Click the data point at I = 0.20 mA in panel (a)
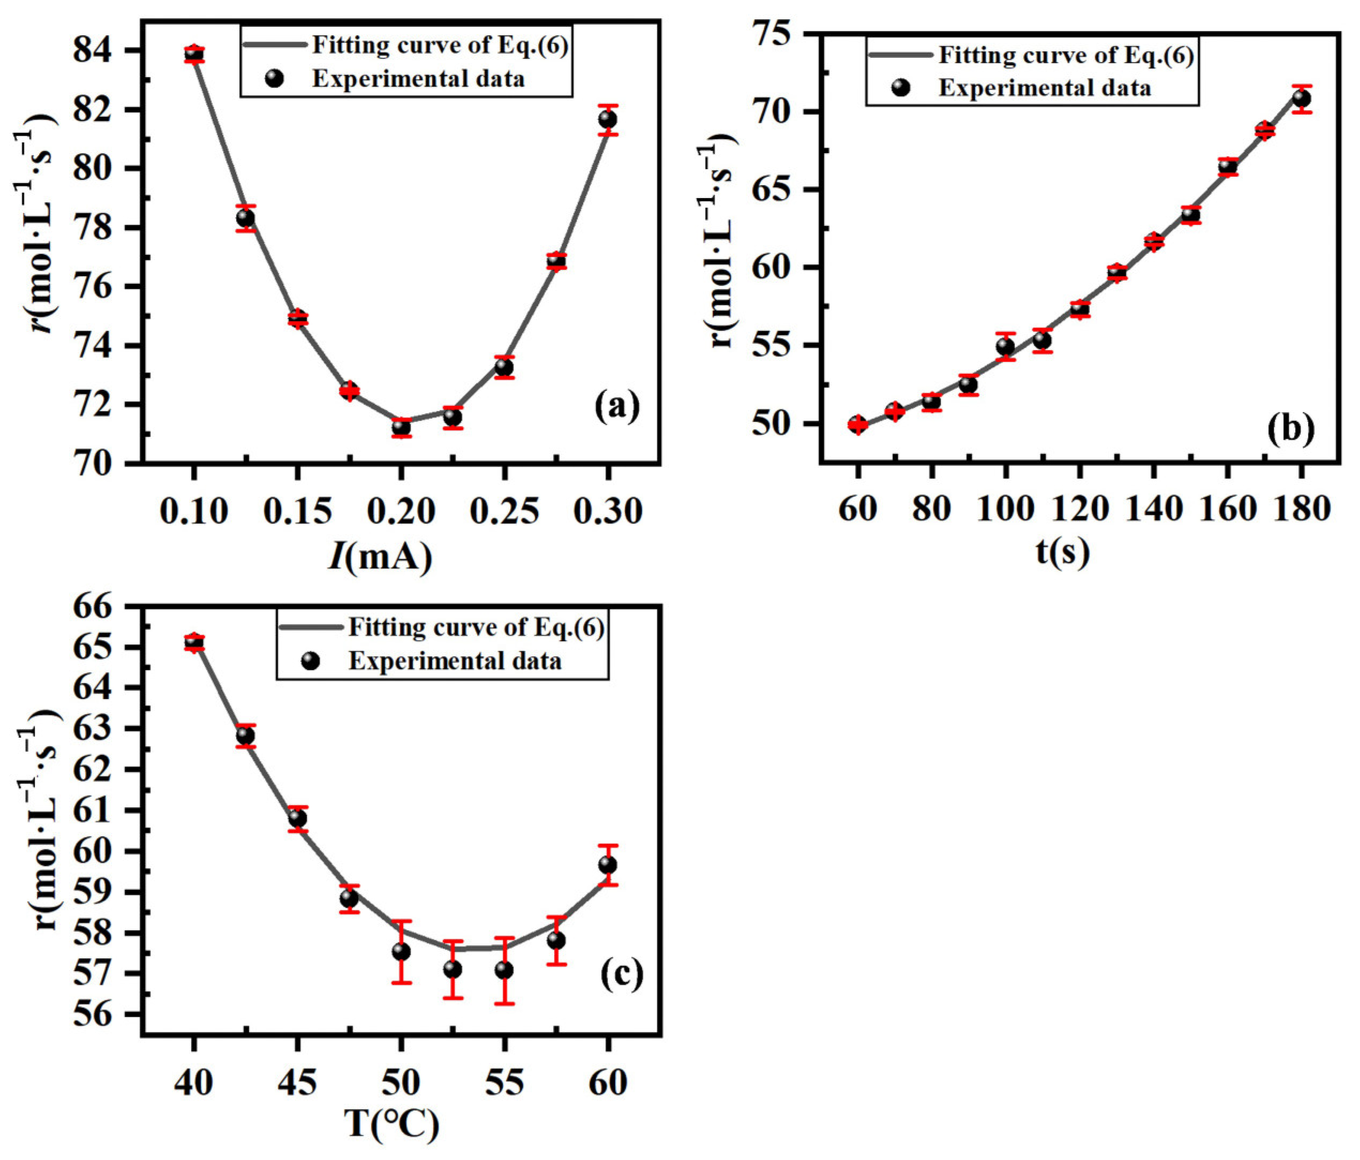point(401,428)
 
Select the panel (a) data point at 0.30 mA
point(608,119)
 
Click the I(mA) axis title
point(381,557)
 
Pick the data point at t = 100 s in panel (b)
point(1005,346)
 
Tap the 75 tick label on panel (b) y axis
point(782,35)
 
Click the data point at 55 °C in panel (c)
point(504,971)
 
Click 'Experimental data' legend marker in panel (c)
point(312,661)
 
